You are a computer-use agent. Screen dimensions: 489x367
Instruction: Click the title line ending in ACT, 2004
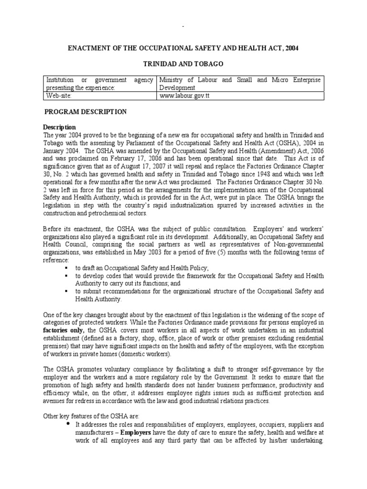point(183,48)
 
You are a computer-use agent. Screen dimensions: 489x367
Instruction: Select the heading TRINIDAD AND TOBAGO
point(183,64)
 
